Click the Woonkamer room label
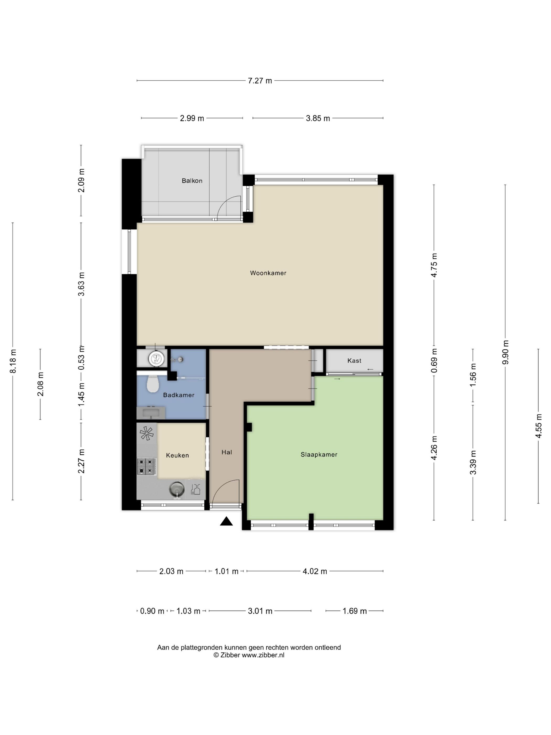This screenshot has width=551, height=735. point(268,273)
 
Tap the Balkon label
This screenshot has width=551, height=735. point(192,181)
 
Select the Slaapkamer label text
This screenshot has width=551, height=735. point(319,455)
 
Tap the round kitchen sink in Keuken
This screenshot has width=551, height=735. point(177,489)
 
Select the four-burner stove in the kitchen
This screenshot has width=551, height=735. point(146,466)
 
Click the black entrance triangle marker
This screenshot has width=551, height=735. point(226,521)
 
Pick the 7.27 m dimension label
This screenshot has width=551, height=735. point(260,81)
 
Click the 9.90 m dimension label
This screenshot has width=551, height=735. point(505,352)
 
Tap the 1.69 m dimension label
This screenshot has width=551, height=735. point(354,611)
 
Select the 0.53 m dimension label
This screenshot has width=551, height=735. point(81,358)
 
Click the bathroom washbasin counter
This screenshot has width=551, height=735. point(151,413)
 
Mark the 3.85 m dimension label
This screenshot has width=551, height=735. point(318,118)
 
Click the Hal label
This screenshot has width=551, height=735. point(227,452)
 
